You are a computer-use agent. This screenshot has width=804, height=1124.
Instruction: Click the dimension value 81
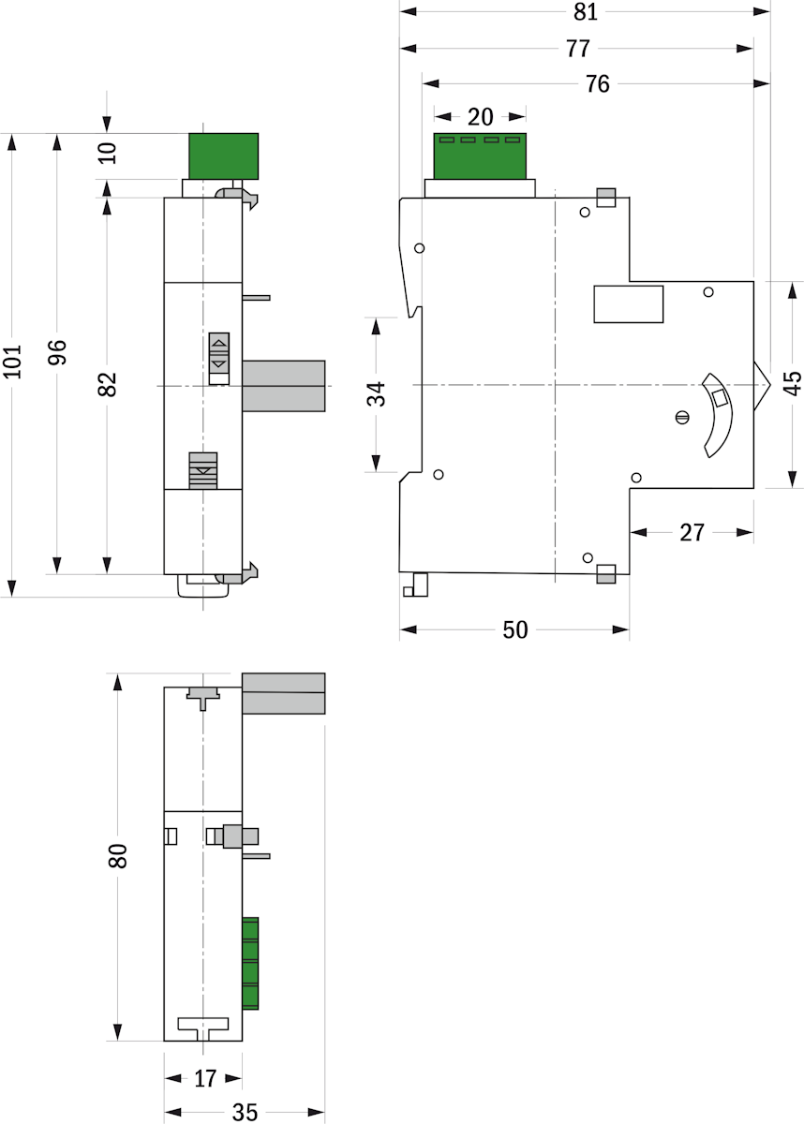pos(586,12)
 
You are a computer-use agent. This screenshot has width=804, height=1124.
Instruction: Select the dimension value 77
pos(578,49)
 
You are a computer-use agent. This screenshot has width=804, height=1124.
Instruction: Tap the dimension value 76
pos(598,83)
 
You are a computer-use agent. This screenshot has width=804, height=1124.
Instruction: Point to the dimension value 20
pos(481,117)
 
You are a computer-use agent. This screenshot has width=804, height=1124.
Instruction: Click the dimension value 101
pos(12,362)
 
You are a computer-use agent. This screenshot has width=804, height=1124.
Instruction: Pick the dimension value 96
pos(57,352)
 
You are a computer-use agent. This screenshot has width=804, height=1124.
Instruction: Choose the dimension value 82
pos(107,384)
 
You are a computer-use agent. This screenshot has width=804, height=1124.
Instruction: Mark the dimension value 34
pos(376,394)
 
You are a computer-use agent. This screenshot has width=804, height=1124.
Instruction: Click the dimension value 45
pos(793,383)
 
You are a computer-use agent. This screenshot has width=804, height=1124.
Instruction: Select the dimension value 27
pos(692,532)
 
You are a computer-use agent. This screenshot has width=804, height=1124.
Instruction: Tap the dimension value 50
pos(515,629)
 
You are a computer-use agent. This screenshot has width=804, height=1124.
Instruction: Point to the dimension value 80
pos(117,856)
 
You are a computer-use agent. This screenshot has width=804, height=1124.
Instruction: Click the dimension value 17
pos(205,1079)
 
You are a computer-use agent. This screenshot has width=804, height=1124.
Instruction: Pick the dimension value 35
pos(245,1113)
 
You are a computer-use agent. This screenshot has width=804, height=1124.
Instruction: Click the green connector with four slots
pos(480,156)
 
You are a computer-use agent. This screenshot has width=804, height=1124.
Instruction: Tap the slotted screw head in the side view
pos(682,417)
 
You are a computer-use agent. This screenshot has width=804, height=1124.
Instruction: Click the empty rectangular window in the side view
pos(629,304)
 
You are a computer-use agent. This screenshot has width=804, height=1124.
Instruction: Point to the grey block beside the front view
pos(284,386)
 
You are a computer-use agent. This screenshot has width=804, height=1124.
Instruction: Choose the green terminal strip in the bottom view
pos(250,963)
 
